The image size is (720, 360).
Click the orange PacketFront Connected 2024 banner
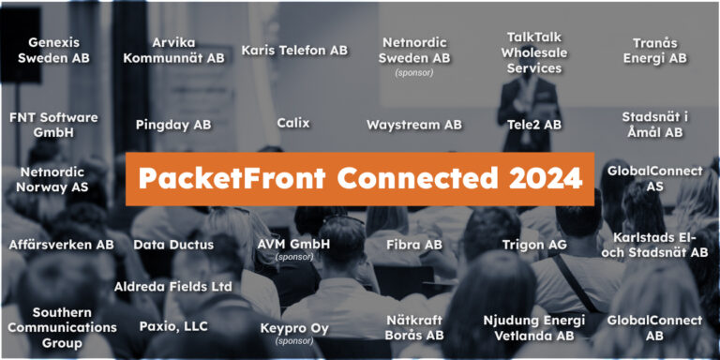pyautogui.click(x=360, y=178)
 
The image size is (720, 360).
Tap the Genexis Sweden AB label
pyautogui.click(x=53, y=50)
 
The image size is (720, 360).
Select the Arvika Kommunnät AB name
pyautogui.click(x=174, y=50)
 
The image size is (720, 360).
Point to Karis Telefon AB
pyautogui.click(x=294, y=50)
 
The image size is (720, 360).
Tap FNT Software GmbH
pyautogui.click(x=53, y=125)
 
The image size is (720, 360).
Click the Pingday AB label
pyautogui.click(x=173, y=124)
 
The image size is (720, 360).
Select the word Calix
pyautogui.click(x=293, y=123)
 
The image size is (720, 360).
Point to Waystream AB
pyautogui.click(x=413, y=124)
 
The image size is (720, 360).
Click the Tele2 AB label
pyautogui.click(x=533, y=124)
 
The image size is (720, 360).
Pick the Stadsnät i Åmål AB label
pyautogui.click(x=654, y=125)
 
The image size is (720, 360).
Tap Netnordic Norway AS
pyautogui.click(x=52, y=179)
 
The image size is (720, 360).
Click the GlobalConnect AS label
pyautogui.click(x=654, y=178)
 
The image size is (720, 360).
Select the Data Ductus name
pyautogui.click(x=173, y=245)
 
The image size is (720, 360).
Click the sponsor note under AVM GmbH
pyautogui.click(x=293, y=257)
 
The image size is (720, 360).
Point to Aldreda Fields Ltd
pyautogui.click(x=173, y=286)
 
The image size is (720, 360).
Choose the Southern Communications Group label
pyautogui.click(x=61, y=327)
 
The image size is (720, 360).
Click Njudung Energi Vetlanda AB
pyautogui.click(x=533, y=327)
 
